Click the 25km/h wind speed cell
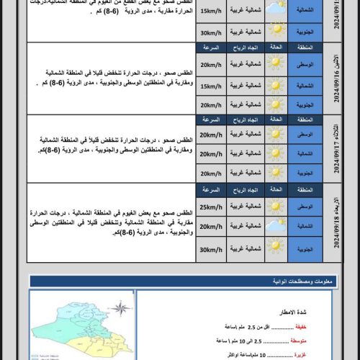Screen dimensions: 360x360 210,209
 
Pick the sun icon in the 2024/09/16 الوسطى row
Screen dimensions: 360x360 275,66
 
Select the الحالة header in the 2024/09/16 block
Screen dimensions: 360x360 275,48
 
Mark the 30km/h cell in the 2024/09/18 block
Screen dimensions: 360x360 210,249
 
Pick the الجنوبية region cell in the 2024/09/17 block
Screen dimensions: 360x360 305,173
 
